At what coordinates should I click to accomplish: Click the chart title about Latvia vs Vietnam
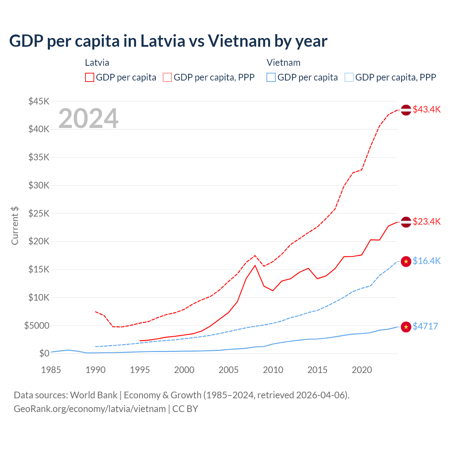click(168, 41)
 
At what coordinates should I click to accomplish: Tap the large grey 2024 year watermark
click(88, 118)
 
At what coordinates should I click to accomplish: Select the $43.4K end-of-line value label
click(426, 109)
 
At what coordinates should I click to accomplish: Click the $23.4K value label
click(426, 221)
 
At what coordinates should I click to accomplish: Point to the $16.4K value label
click(426, 261)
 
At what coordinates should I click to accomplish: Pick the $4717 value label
click(425, 326)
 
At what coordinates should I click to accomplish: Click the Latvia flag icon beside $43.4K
click(406, 110)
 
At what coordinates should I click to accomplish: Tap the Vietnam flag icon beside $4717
click(406, 327)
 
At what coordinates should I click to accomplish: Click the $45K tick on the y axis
click(39, 102)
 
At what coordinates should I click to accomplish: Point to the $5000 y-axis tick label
click(37, 326)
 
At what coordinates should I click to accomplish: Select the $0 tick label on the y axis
click(44, 353)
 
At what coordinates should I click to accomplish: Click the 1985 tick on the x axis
click(51, 370)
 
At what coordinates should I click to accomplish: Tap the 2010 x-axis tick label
click(273, 370)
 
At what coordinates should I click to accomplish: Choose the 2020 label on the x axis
click(362, 370)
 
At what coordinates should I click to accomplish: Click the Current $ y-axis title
click(15, 226)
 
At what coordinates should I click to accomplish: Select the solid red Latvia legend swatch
click(90, 77)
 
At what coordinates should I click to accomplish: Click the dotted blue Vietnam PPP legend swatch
click(349, 77)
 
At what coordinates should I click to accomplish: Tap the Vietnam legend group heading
click(283, 63)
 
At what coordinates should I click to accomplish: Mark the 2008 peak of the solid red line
click(255, 265)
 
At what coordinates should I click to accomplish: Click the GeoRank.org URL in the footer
click(90, 409)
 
